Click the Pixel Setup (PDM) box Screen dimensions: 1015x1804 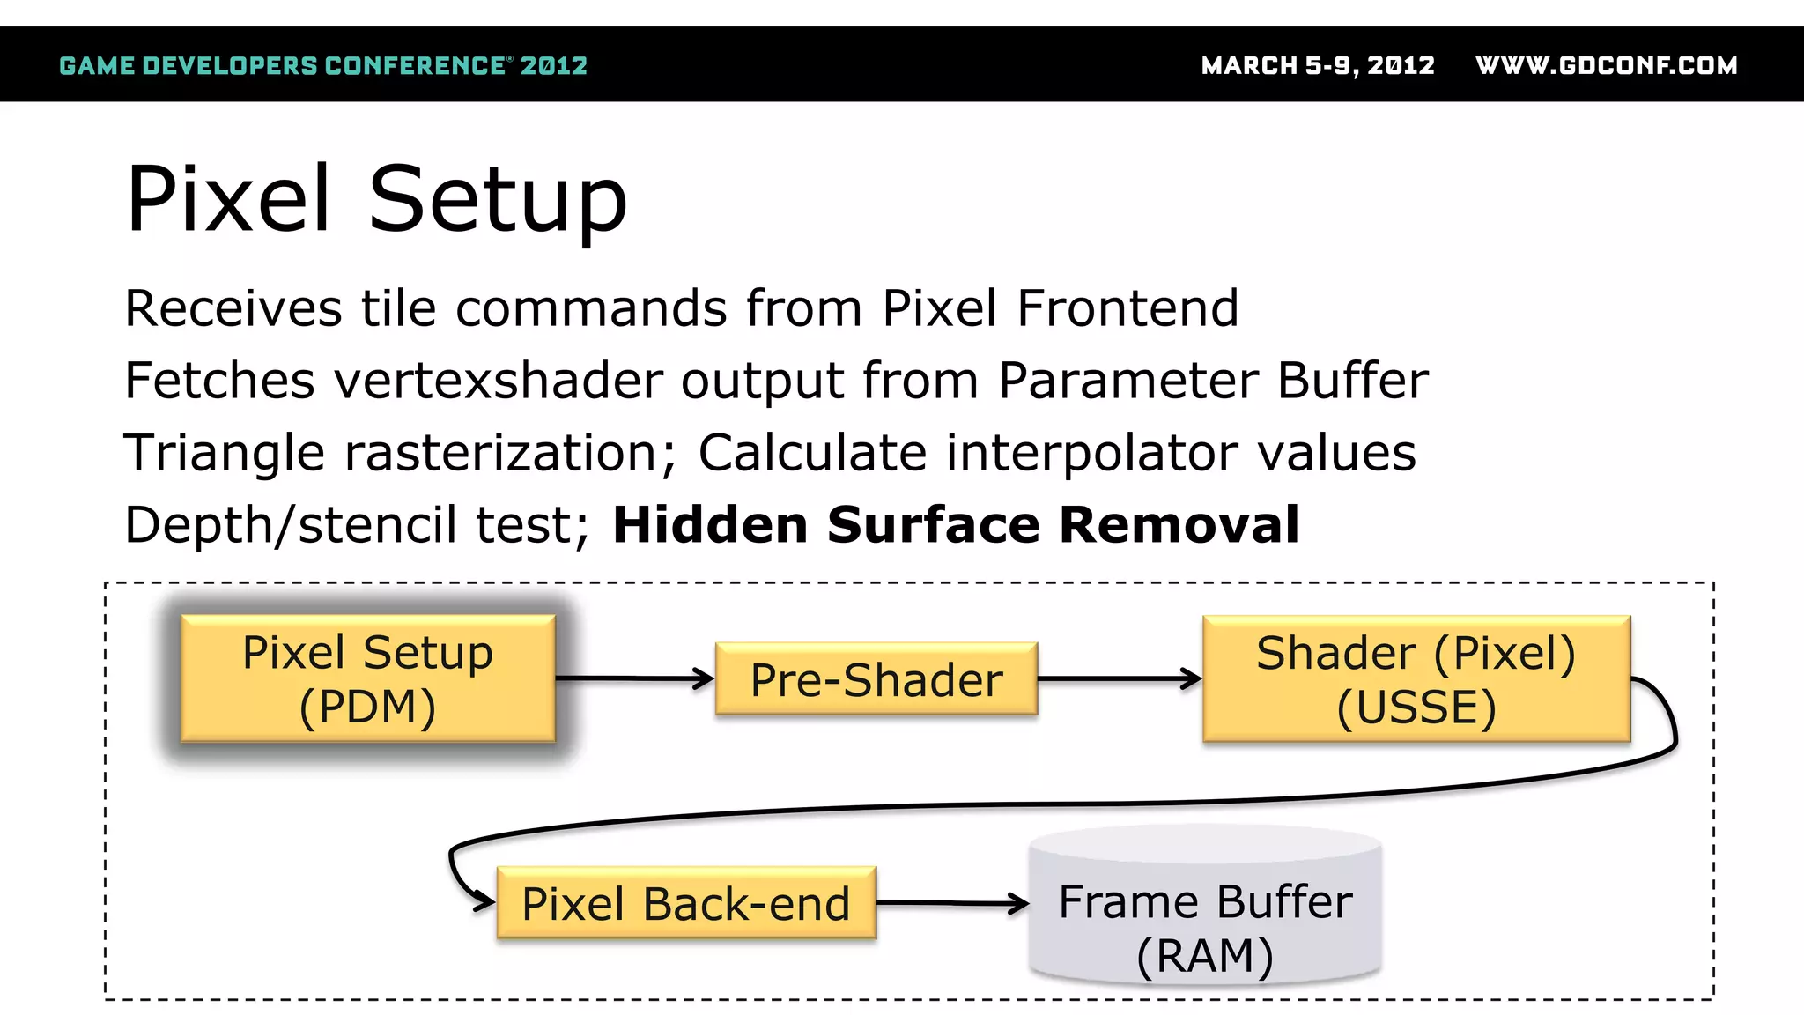coord(368,678)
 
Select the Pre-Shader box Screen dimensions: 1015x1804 coord(876,679)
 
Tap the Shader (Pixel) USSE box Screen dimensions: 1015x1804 coord(1416,678)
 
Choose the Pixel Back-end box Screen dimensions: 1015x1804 coord(686,903)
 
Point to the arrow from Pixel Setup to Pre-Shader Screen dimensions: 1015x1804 coord(634,678)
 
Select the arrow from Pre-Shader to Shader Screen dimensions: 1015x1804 coord(1119,678)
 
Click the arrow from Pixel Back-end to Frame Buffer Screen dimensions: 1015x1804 coord(951,903)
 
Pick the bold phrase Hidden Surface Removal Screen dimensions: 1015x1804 coord(956,524)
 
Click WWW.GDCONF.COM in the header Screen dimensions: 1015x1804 coord(1607,65)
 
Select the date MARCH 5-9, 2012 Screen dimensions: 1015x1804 coord(1318,65)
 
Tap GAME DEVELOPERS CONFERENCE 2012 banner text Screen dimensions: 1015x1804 coord(323,65)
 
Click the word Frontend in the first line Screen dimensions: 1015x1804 coord(1127,308)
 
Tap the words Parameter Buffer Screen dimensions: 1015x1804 coord(1213,381)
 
